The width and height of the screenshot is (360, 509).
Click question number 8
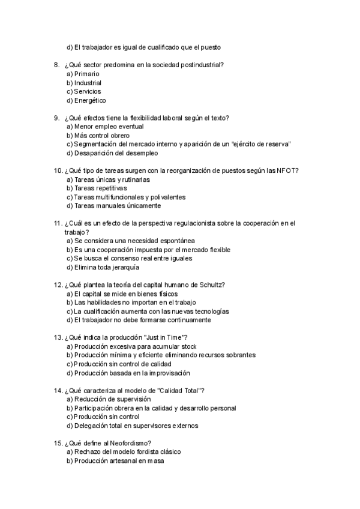point(56,65)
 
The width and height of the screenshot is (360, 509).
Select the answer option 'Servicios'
point(87,92)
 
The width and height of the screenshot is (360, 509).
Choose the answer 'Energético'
point(90,101)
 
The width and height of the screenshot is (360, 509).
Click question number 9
point(56,118)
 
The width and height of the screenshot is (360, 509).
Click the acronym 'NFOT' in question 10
point(287,170)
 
